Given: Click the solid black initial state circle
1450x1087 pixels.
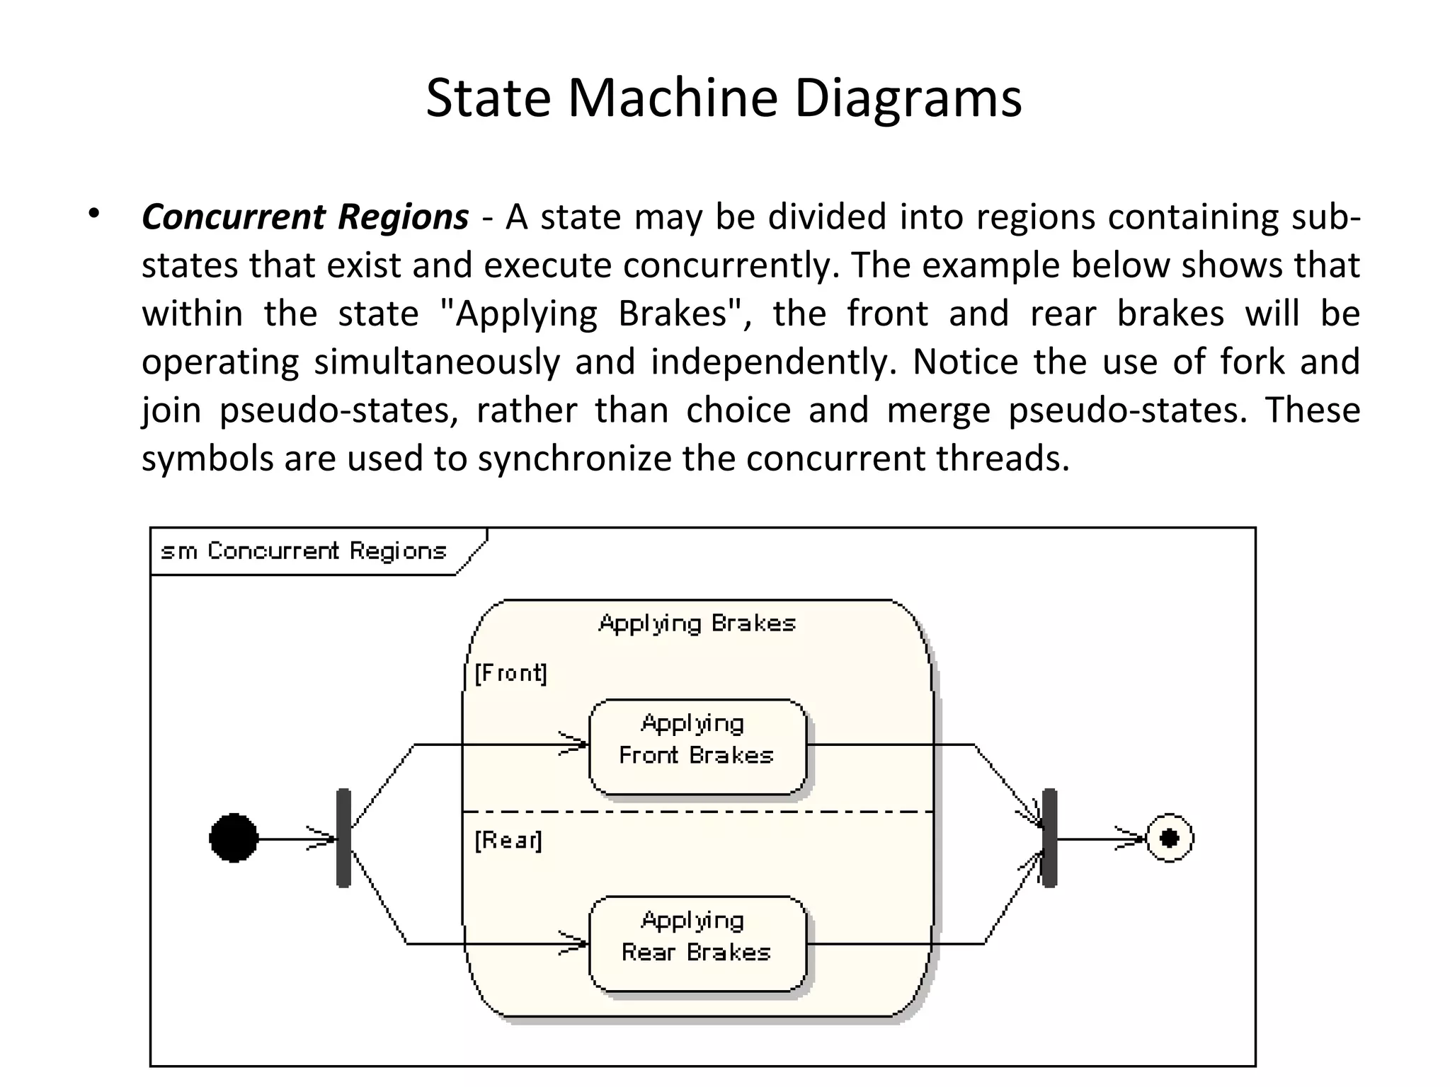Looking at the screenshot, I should [x=234, y=838].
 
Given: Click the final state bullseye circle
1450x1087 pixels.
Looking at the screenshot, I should [x=1170, y=838].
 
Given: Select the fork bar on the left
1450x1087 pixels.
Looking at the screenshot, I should [x=343, y=838].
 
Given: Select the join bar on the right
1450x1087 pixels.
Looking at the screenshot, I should [x=1050, y=838].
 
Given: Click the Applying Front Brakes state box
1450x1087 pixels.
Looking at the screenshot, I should [x=697, y=746].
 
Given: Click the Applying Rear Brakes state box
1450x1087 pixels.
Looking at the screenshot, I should [x=697, y=943].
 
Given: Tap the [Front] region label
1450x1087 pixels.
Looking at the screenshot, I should [x=510, y=673].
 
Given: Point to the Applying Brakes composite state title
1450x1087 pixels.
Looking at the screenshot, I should [x=697, y=623].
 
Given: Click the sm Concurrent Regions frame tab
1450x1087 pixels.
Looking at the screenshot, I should [x=304, y=551].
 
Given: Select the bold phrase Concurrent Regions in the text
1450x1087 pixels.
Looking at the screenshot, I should [x=305, y=217].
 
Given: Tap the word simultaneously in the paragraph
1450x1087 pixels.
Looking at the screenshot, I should [x=436, y=362].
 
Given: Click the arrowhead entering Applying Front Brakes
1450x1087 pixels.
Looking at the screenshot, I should [x=577, y=744].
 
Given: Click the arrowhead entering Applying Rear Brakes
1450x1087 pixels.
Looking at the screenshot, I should [x=577, y=943].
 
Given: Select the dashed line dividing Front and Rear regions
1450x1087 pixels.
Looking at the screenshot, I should [x=697, y=812].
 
